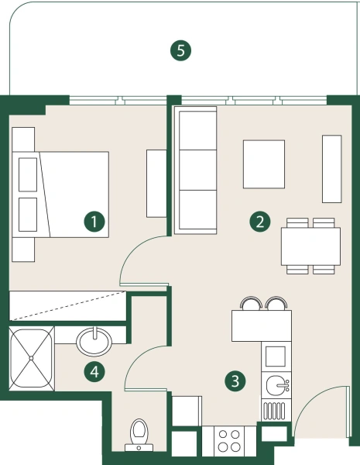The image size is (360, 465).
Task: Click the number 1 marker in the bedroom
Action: pyautogui.click(x=94, y=222)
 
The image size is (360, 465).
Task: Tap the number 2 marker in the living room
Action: pyautogui.click(x=260, y=222)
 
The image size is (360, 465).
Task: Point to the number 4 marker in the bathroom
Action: pyautogui.click(x=94, y=372)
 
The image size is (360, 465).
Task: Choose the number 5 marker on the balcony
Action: pyautogui.click(x=180, y=52)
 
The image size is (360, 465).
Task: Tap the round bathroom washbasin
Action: pyautogui.click(x=95, y=339)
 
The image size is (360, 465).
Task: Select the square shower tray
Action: pyautogui.click(x=32, y=358)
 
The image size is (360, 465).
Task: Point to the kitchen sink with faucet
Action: pyautogui.click(x=276, y=384)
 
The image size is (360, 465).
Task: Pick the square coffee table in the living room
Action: pyautogui.click(x=267, y=164)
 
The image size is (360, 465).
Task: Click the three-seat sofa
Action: pyautogui.click(x=194, y=170)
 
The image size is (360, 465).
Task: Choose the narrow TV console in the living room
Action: pyautogui.click(x=331, y=168)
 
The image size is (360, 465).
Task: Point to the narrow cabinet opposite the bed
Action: pyautogui.click(x=156, y=183)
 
